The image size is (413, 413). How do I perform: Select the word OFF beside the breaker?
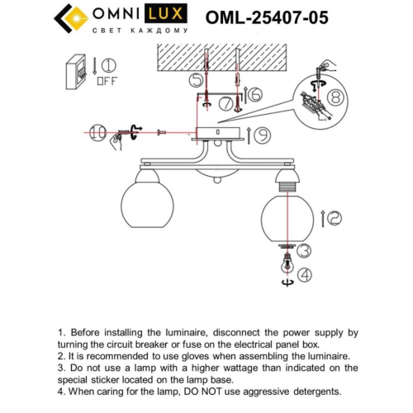click(x=107, y=81)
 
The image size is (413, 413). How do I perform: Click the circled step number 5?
click(x=196, y=80)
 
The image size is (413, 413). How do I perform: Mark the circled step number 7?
click(x=225, y=103)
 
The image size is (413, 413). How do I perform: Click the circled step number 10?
click(x=97, y=131)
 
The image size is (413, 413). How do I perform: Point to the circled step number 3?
click(x=304, y=250)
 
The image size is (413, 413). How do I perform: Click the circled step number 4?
click(x=305, y=274)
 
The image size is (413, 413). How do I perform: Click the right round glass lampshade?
click(x=286, y=216)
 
